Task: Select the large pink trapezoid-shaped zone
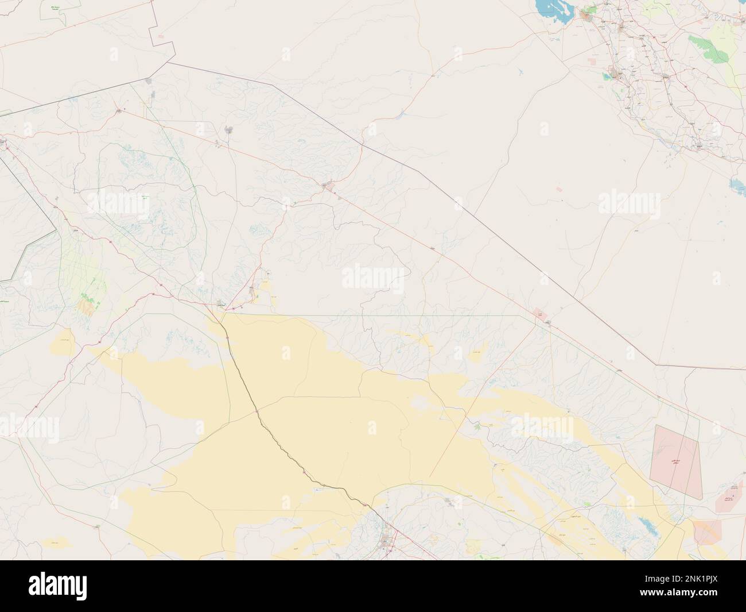coord(677,455)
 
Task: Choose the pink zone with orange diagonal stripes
coord(707,531)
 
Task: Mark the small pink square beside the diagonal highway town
coord(539,314)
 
